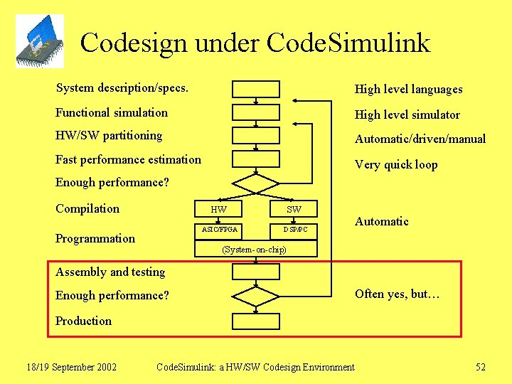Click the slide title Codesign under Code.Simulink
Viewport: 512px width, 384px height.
[255, 43]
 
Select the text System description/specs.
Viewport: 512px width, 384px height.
[122, 88]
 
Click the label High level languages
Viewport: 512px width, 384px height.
[408, 89]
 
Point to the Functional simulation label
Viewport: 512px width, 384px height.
[112, 112]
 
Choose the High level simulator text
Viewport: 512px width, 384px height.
[407, 114]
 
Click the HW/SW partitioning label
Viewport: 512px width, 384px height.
[109, 135]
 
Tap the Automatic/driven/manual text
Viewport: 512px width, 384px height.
[420, 139]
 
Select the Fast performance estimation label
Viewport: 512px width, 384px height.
[128, 159]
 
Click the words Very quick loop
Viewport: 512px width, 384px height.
[396, 164]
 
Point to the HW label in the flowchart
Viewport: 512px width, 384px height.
[219, 210]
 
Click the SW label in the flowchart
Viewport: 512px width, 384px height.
[294, 210]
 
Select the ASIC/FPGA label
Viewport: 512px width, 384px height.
[220, 230]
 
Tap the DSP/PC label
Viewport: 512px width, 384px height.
[295, 230]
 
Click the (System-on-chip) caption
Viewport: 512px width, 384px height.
[255, 250]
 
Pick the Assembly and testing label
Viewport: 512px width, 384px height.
[110, 272]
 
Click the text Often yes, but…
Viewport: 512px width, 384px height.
[398, 294]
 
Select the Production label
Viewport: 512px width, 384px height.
[83, 321]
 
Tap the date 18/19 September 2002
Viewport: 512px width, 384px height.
[71, 367]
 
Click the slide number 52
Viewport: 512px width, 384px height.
[481, 367]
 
